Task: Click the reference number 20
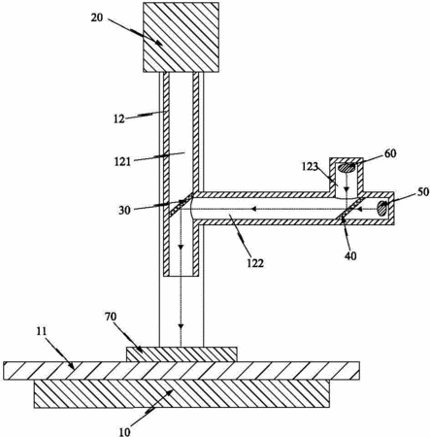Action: [96, 17]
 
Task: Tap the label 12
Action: [119, 119]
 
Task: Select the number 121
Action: [122, 161]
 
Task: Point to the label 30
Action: [124, 211]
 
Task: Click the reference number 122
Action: [255, 263]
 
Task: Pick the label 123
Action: [310, 167]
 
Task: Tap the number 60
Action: [390, 153]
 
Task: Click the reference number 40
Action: [350, 256]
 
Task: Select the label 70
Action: [111, 317]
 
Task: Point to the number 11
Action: [42, 331]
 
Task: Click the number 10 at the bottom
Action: [124, 431]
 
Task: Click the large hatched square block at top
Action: [181, 37]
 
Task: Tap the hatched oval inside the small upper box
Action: [347, 168]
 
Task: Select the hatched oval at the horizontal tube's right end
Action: [382, 209]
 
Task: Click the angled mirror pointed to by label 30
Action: [181, 204]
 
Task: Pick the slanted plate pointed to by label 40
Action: [350, 208]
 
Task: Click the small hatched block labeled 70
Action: [182, 354]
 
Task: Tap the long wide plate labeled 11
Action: [182, 370]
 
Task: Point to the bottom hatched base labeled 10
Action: [182, 393]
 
